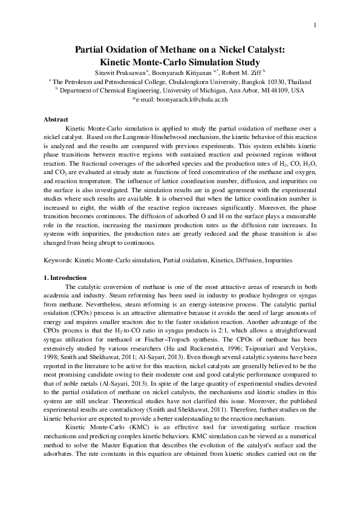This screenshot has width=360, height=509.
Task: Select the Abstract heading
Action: click(56, 120)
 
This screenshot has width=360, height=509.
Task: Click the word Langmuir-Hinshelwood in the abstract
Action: click(140, 137)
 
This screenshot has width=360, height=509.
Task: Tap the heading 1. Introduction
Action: click(67, 277)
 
